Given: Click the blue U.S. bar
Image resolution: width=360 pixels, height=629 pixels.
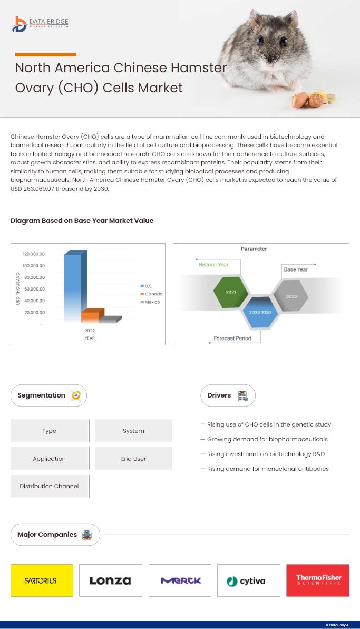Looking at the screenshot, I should tap(73, 287).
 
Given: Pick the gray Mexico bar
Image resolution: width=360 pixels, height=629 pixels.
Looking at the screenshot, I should tap(109, 319).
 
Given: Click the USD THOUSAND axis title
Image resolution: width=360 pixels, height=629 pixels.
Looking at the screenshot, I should tap(18, 288).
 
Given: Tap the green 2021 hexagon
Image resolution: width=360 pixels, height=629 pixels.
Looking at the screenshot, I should tap(231, 292).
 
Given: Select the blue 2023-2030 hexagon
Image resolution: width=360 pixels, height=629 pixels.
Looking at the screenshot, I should tap(260, 312).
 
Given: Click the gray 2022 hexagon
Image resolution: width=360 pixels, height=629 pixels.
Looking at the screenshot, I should tap(291, 296).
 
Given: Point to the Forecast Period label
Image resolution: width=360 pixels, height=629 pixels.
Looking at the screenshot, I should tap(232, 338).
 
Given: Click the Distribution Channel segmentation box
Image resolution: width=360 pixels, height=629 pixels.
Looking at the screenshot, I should tap(50, 486).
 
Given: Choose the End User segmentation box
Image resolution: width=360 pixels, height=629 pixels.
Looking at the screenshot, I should tap(133, 459).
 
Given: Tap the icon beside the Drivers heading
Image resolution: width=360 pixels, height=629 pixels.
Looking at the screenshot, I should tap(242, 395).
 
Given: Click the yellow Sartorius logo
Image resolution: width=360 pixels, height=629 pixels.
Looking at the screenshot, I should tap(42, 580).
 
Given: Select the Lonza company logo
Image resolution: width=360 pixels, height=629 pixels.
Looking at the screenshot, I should tap(110, 580).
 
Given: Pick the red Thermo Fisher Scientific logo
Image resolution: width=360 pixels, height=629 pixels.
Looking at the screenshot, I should tap(318, 580).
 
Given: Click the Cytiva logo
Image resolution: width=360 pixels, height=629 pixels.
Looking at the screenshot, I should tap(248, 581).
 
